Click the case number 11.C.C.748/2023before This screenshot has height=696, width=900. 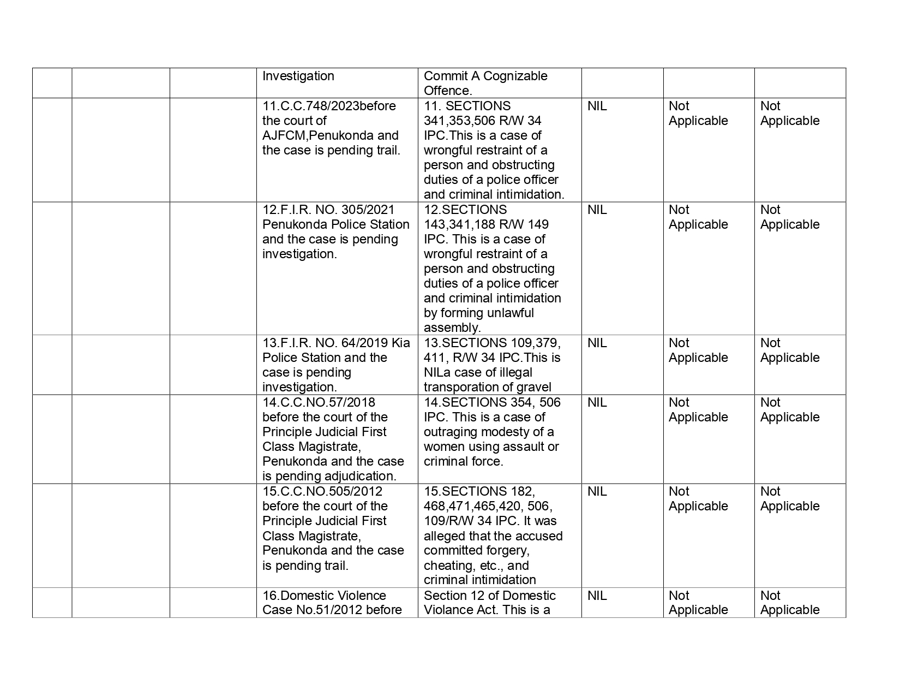329,106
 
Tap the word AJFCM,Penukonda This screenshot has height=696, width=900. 308,135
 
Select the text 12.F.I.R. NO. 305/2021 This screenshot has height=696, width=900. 329,210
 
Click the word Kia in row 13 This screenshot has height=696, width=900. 401,343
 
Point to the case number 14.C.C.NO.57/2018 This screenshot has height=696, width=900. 319,402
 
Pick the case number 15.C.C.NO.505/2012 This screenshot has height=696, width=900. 322,491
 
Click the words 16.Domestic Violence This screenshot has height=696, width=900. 324,596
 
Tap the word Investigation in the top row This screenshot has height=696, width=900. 298,76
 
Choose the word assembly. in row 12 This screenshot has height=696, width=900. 452,328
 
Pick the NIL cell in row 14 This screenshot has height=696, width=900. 597,402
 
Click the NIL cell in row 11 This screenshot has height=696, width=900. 597,106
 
